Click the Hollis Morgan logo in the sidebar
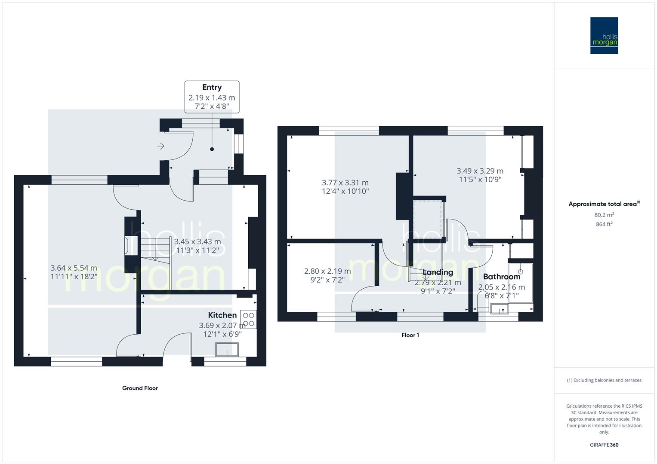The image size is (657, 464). point(604,35)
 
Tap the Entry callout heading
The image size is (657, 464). point(212,87)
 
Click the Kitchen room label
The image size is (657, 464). point(222,315)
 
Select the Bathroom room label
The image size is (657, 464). point(501,277)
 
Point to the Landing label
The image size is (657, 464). point(438,272)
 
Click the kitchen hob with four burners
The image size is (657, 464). point(248,319)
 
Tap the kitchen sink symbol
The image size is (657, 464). point(227,350)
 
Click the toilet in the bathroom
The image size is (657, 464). point(483,303)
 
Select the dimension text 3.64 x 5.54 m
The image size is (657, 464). point(74,268)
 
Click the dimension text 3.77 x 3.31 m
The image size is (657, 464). point(345,183)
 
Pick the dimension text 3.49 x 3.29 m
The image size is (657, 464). point(480,171)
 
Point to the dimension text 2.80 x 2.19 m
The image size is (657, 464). point(327,271)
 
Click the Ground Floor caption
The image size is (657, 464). point(140,388)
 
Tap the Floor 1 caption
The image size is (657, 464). point(410,335)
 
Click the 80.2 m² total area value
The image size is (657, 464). point(604,215)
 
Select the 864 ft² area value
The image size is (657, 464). point(604,224)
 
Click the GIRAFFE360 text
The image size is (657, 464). point(604,445)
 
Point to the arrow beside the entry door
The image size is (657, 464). point(161,147)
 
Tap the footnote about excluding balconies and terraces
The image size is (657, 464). point(604,380)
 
